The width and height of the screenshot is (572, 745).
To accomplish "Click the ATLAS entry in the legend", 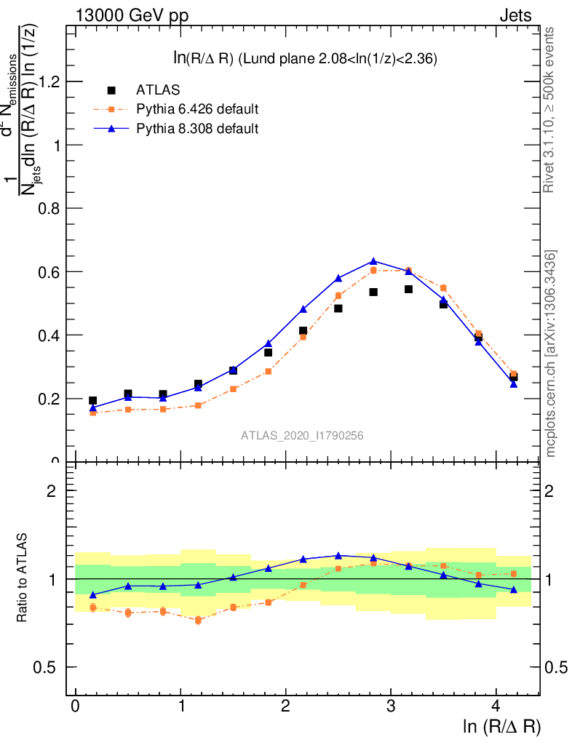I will pos(158,90).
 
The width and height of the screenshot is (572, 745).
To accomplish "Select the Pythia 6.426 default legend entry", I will pos(197,110).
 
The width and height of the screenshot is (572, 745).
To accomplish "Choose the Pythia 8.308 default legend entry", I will pos(197,129).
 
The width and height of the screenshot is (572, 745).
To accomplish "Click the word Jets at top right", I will pos(515,15).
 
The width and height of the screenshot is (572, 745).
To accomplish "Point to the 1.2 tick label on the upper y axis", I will pos(49,81).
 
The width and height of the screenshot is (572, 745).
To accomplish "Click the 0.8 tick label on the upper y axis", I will pos(49,209).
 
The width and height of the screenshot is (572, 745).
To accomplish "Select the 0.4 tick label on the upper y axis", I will pos(49,335).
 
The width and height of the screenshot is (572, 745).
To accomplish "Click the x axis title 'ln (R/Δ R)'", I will pos(501,726).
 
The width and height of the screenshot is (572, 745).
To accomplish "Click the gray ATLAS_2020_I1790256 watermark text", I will pos(302,435).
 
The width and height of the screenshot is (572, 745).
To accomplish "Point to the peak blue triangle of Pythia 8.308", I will pos(373,261).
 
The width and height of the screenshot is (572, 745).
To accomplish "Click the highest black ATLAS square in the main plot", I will pos(408,290).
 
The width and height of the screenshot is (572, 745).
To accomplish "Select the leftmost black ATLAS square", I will pos(92,401).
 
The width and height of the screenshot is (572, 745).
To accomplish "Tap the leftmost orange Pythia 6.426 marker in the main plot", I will pos(92,413).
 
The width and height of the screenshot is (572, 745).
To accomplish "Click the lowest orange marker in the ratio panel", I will pos(198,620).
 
